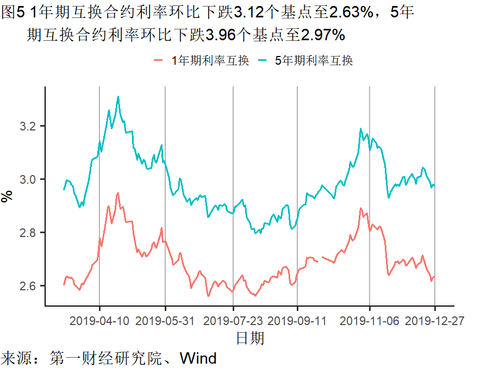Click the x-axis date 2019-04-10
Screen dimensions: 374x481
point(99,321)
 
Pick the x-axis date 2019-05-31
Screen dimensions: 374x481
point(165,321)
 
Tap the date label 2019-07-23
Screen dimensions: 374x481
point(233,321)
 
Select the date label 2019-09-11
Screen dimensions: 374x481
point(297,321)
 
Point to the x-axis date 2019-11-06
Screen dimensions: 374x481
point(370,321)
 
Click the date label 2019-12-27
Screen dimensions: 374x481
point(435,321)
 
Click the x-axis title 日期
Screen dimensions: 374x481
point(250,338)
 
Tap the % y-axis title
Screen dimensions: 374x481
point(7,196)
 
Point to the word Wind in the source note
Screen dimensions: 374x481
point(198,359)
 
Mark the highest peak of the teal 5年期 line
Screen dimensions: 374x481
point(118,97)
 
